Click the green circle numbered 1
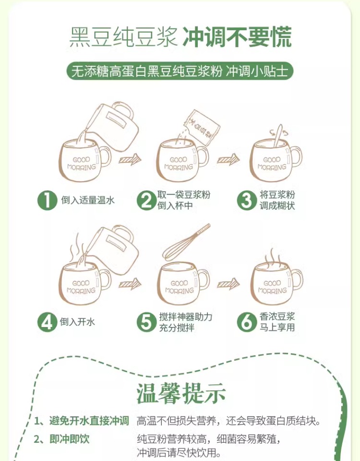47,201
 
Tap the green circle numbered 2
146,201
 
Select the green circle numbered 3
247,201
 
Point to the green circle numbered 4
47,322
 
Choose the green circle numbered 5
146,322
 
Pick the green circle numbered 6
247,322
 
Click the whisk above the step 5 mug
186,243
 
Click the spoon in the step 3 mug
278,136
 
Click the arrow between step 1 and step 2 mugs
130,159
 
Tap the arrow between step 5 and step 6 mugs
228,284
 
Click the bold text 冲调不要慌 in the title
238,37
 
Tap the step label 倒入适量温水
87,200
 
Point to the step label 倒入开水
77,322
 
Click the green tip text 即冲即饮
69,439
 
